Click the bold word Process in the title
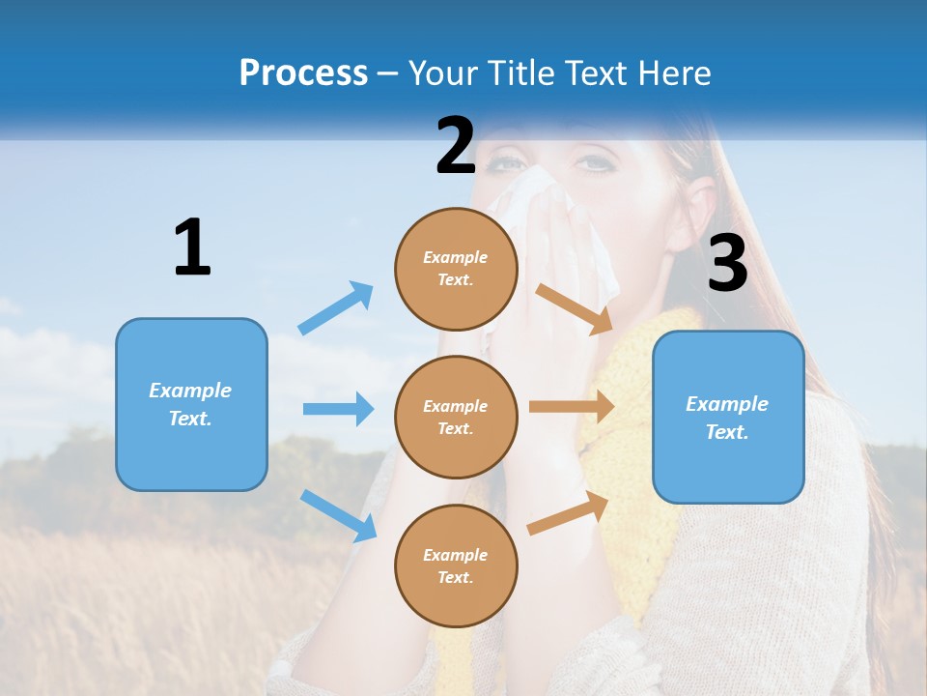[x=303, y=72]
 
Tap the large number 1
[x=192, y=247]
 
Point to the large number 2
[x=456, y=145]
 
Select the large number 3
[x=727, y=264]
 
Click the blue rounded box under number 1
[x=191, y=404]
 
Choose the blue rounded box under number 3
[x=728, y=417]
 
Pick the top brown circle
[x=456, y=269]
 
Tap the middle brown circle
[x=456, y=417]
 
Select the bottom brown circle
[x=456, y=565]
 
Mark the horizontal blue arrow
[x=338, y=409]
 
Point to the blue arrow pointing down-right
[x=338, y=515]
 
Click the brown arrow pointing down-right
[x=574, y=308]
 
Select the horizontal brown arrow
[x=572, y=406]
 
